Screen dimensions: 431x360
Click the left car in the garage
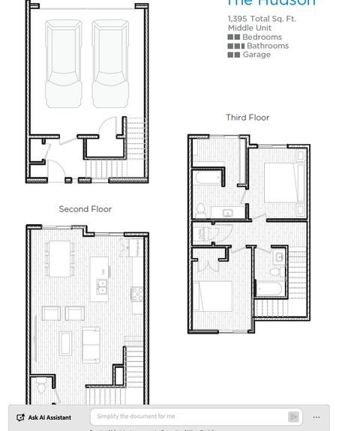pos(63,64)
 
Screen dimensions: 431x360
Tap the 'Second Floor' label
pos(85,209)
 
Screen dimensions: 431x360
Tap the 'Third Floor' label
pos(247,118)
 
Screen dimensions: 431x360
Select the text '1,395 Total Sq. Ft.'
pos(262,19)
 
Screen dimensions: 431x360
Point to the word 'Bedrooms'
pos(262,37)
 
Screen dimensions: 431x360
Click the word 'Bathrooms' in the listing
pos(267,46)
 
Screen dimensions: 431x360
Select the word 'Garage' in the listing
pos(256,55)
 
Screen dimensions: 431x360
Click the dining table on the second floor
pos(60,259)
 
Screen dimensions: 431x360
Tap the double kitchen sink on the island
pos(101,286)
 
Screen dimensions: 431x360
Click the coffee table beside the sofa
pos(66,343)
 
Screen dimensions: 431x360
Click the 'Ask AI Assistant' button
pos(44,418)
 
